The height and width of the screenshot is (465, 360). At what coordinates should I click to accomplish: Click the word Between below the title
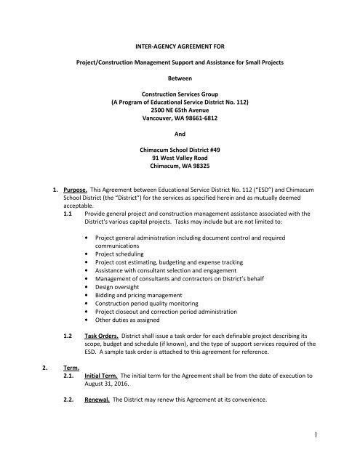point(179,75)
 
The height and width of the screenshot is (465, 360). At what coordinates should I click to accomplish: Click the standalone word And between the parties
point(179,143)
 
